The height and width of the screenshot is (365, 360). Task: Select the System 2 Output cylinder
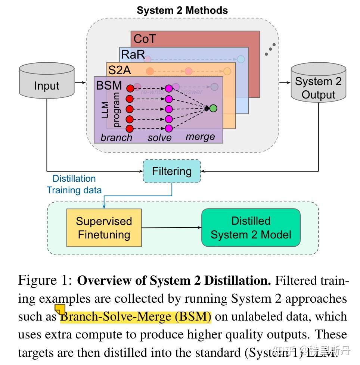318,85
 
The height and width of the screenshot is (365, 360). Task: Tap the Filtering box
172,171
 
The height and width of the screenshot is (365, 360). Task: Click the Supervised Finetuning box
104,228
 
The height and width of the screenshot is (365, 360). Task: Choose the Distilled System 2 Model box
251,228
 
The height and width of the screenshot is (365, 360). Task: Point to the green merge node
213,109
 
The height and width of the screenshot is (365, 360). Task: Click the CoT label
144,39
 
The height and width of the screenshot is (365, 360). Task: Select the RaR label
133,55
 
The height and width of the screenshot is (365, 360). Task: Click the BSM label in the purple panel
109,85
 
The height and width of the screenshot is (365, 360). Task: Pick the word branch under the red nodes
116,137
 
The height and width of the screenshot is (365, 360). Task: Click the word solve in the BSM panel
159,137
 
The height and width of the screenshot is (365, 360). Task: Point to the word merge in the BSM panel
200,137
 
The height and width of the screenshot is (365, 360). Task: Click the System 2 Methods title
182,10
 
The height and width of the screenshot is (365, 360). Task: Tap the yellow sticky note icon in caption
60,309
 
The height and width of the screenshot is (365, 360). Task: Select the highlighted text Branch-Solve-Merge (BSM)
136,317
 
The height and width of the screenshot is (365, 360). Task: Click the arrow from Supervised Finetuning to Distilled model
171,228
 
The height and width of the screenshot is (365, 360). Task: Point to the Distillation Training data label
74,184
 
